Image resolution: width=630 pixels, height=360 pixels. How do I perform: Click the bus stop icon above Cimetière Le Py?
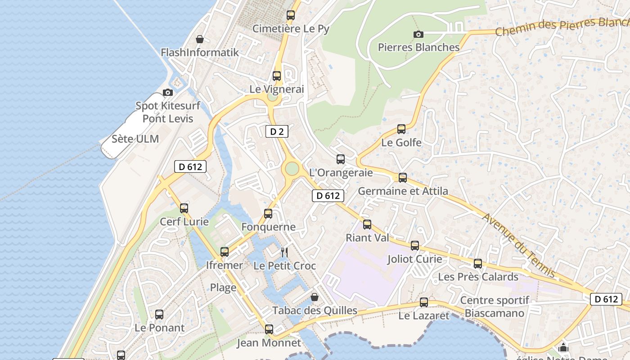291,15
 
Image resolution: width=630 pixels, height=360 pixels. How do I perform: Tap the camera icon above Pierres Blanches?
418,34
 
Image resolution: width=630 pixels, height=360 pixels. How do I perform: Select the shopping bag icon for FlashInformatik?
200,40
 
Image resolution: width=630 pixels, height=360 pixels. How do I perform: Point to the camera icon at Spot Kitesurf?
168,92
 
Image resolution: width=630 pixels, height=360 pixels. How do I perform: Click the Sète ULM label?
135,139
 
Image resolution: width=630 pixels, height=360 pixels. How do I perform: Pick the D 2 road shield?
277,131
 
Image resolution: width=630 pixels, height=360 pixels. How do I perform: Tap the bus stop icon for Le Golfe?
401,129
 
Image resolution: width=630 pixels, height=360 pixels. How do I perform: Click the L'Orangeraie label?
341,172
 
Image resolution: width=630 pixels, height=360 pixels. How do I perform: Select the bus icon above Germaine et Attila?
403,178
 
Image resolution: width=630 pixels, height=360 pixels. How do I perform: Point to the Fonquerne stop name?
268,227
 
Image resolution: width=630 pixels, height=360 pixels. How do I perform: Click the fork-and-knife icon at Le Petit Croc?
284,252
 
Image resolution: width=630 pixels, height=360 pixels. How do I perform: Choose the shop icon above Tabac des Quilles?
315,297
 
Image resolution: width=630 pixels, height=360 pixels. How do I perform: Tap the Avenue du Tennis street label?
518,245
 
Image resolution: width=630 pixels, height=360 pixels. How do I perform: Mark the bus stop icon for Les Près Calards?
478,264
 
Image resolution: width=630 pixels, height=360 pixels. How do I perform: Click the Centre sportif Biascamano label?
495,306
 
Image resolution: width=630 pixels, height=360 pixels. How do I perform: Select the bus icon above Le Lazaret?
424,302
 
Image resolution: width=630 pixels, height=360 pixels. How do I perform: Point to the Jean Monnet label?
269,343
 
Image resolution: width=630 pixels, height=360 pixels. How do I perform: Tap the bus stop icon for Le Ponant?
159,315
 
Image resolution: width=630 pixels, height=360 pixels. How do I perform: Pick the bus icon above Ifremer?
225,252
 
